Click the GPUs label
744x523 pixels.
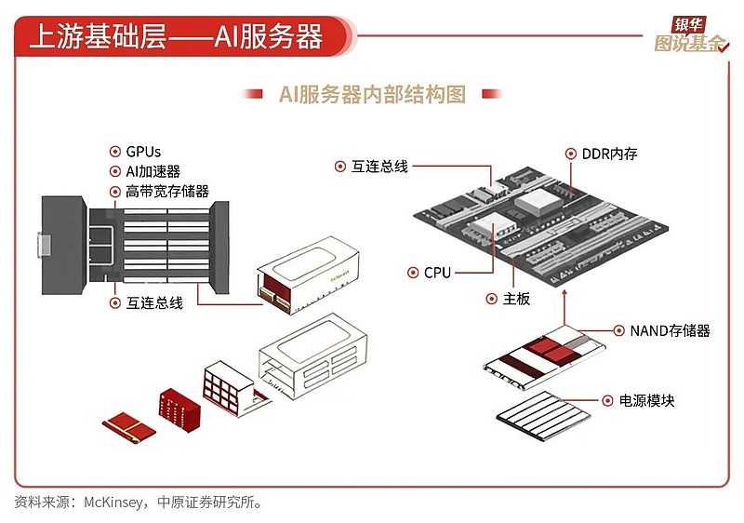[x=143, y=151]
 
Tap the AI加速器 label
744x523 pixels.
[x=153, y=171]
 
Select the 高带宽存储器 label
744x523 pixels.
[x=167, y=192]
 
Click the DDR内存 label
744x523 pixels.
[x=609, y=153]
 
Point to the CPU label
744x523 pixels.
[x=437, y=273]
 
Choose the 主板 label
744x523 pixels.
[x=516, y=299]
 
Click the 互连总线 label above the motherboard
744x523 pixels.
[x=379, y=167]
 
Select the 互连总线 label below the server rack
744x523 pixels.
[x=154, y=303]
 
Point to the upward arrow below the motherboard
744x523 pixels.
[x=565, y=307]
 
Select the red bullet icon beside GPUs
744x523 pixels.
[x=115, y=151]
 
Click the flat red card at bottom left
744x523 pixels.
[x=128, y=426]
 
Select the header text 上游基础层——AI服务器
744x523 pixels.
[x=176, y=36]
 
